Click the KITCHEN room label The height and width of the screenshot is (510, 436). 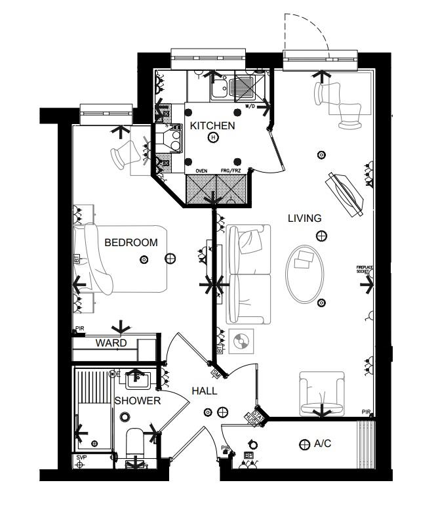click(x=212, y=125)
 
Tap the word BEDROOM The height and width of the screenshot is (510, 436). click(x=131, y=243)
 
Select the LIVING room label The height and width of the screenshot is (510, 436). click(x=304, y=219)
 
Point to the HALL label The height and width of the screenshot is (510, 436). click(x=204, y=391)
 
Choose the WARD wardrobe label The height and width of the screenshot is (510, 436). click(x=111, y=343)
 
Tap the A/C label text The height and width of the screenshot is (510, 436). click(x=323, y=444)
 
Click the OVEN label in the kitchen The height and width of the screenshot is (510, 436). click(x=201, y=171)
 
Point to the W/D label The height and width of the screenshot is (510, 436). click(x=250, y=106)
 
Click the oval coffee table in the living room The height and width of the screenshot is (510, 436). click(x=305, y=273)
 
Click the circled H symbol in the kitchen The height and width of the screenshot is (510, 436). click(x=212, y=138)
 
